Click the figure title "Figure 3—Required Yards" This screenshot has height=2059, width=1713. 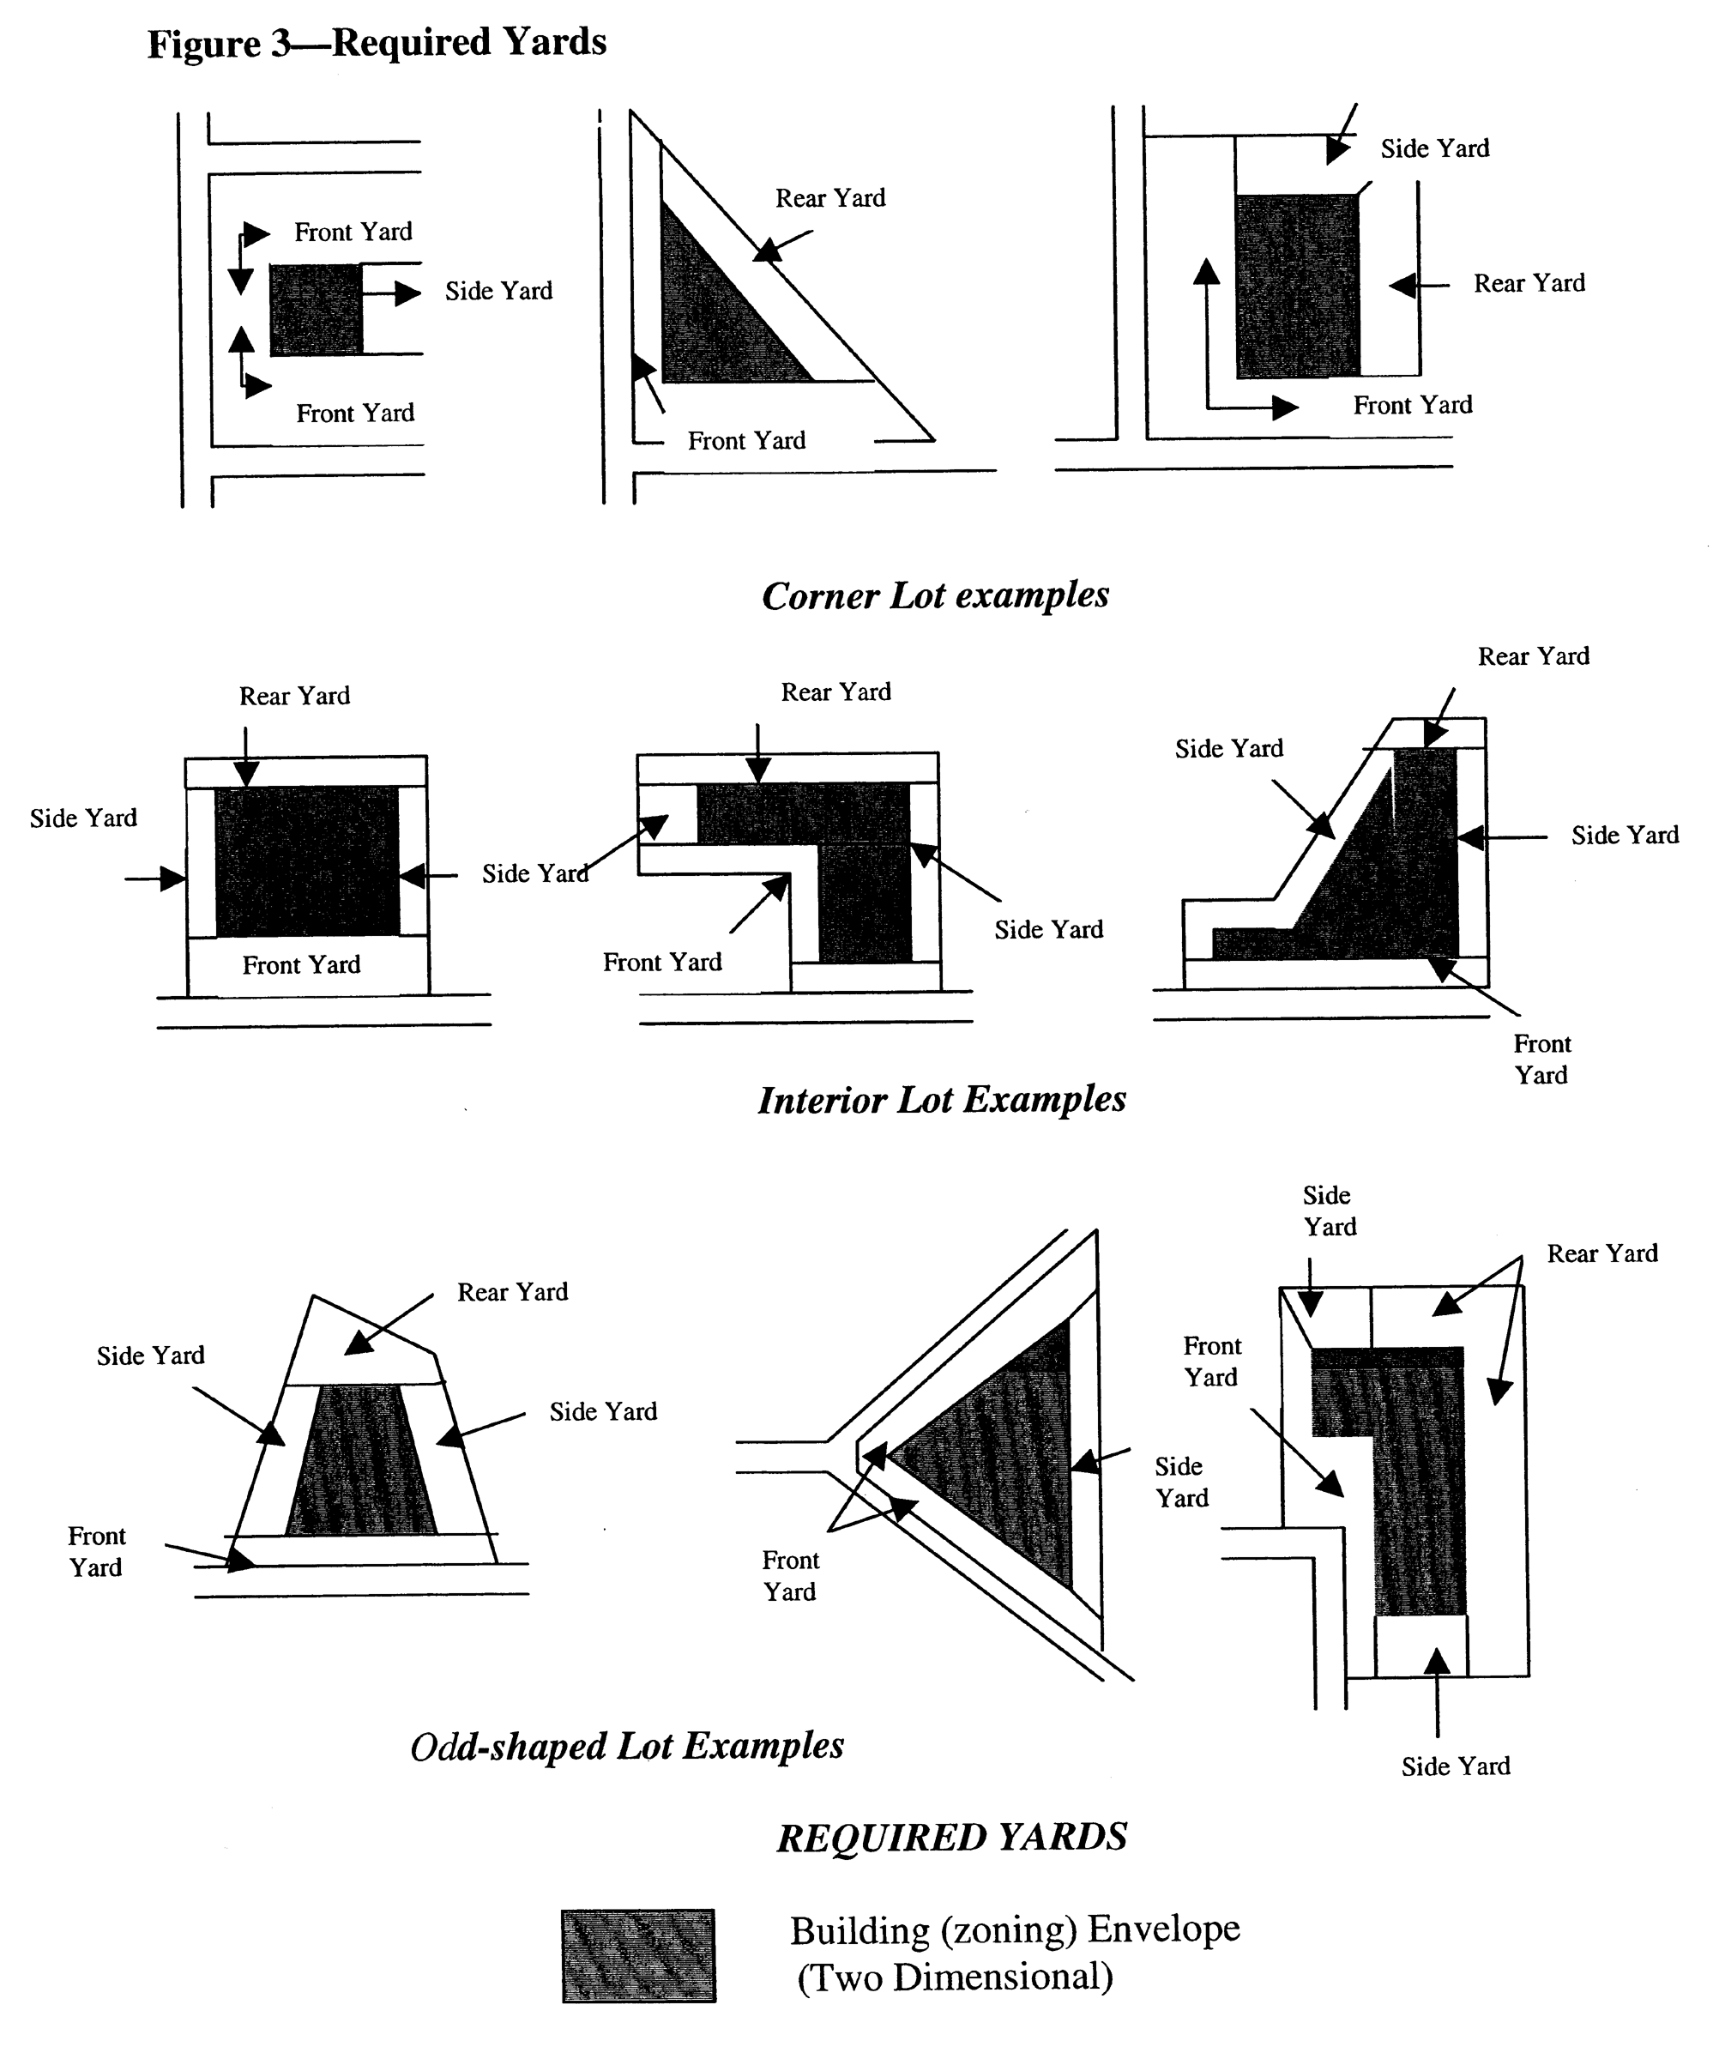[377, 43]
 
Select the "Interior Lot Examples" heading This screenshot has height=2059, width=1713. [941, 1100]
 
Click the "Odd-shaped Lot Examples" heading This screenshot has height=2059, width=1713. [626, 1746]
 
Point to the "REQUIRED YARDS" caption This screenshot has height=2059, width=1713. [951, 1838]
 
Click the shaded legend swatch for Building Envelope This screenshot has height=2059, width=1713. [638, 1955]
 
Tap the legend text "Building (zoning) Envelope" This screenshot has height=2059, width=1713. [1015, 1929]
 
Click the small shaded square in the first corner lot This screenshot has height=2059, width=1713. [316, 310]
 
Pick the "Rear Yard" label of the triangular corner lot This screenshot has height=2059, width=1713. [829, 199]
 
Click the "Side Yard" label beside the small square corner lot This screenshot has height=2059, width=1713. [498, 291]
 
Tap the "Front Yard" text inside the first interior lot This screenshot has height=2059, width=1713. [301, 966]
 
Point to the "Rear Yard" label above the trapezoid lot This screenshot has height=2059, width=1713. [512, 1292]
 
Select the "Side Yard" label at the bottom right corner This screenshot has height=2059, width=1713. [1455, 1766]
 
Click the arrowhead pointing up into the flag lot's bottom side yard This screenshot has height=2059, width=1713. [1437, 1661]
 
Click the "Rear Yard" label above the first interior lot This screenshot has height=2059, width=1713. [294, 696]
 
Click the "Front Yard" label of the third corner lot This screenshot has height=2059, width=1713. [1412, 406]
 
